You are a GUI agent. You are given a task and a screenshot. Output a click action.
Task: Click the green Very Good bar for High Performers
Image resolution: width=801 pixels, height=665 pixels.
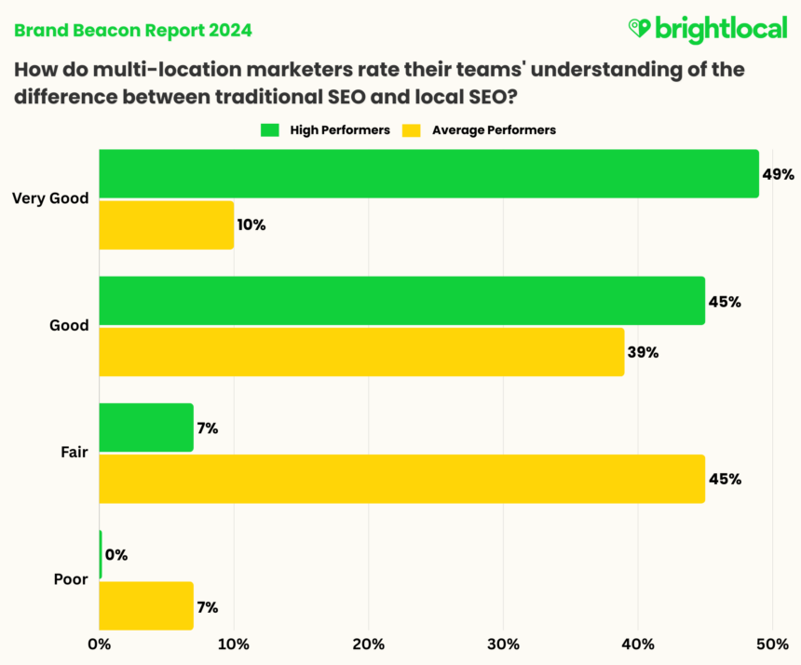[428, 173]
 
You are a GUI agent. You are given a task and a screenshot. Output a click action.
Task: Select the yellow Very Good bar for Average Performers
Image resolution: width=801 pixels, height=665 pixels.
[166, 224]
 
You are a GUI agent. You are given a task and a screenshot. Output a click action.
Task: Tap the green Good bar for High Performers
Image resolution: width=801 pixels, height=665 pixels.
[401, 301]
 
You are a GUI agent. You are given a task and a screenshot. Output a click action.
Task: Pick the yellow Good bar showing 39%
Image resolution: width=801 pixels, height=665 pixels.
[361, 352]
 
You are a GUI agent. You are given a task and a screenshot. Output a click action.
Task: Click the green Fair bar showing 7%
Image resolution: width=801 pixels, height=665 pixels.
[145, 427]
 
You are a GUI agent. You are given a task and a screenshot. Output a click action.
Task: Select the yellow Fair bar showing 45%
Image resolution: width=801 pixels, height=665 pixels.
[401, 479]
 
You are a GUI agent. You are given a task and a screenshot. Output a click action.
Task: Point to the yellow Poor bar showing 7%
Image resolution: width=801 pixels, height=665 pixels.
[145, 606]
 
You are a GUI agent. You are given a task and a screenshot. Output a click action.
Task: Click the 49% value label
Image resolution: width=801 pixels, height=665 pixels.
[778, 174]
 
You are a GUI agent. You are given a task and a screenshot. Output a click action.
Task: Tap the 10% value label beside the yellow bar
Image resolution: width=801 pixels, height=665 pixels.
[251, 224]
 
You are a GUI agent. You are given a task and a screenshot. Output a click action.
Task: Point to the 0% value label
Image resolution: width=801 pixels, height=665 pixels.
[116, 555]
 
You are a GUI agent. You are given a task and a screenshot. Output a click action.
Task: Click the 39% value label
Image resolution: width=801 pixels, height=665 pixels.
[643, 353]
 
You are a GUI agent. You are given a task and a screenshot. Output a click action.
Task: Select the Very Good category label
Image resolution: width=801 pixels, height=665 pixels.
[50, 198]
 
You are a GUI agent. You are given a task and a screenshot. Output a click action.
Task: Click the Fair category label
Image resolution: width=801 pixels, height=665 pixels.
[75, 454]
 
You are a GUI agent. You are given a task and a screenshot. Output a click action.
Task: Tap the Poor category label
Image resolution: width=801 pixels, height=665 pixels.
[72, 579]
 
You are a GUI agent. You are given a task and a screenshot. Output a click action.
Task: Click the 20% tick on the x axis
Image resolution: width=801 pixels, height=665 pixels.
[368, 644]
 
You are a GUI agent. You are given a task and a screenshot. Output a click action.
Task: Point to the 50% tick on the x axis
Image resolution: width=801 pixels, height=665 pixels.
[772, 644]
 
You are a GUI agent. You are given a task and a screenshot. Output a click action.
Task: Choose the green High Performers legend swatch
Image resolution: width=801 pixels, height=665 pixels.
[271, 130]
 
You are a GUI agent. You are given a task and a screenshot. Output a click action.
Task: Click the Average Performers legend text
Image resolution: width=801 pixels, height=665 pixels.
[494, 130]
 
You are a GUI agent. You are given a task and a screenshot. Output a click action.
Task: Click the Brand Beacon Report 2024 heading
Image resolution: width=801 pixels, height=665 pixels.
[131, 31]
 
